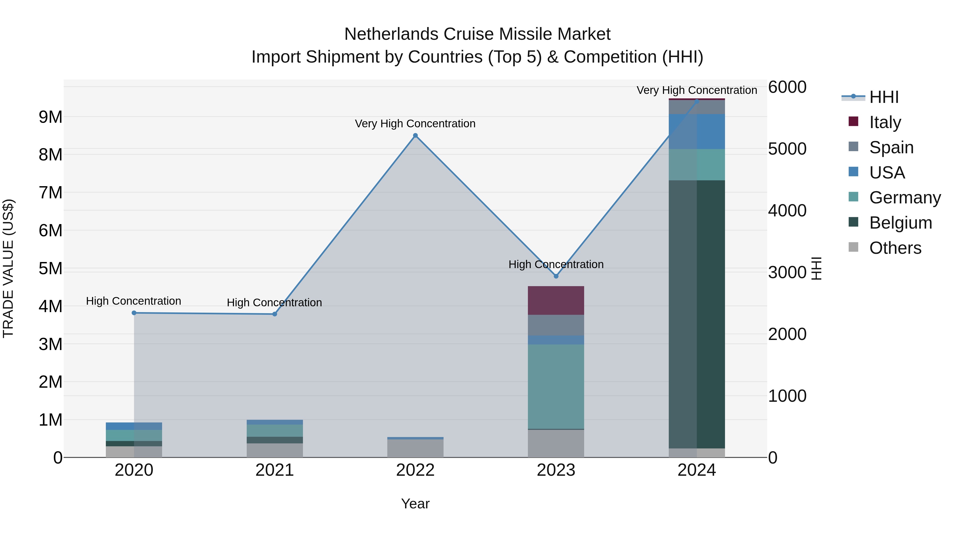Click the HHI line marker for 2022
pos(415,136)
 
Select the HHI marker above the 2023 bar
pos(556,276)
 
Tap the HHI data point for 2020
pos(134,313)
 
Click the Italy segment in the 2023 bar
pos(556,300)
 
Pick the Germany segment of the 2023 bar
pos(556,387)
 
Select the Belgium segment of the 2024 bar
pos(697,314)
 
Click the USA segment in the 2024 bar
pos(697,132)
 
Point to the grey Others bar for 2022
pos(415,448)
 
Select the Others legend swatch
pos(853,247)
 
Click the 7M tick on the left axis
pos(51,193)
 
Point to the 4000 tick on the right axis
pos(787,211)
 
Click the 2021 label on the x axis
pos(274,470)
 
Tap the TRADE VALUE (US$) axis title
pos(8,268)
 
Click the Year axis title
pos(415,504)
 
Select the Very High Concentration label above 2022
pos(415,123)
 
